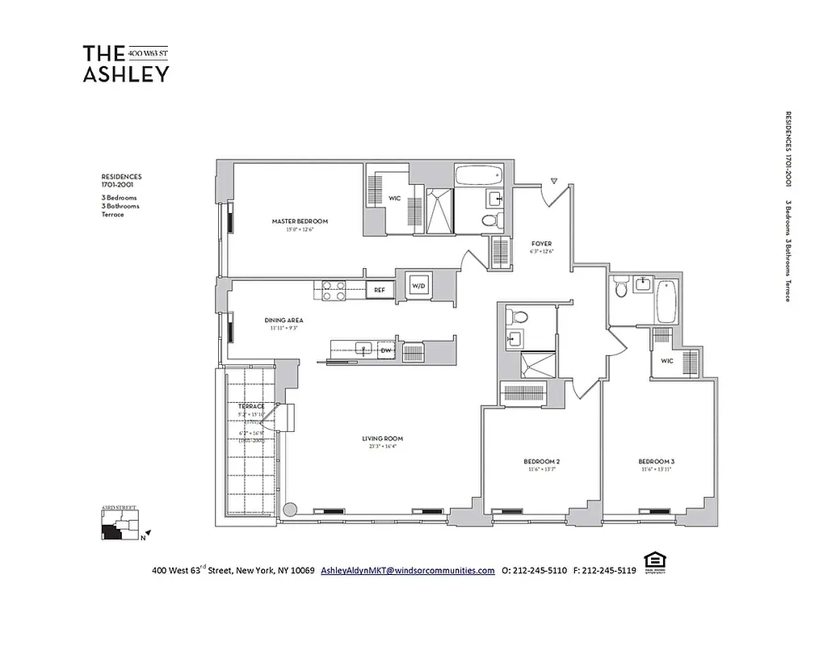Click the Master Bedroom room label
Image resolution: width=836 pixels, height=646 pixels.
click(296, 221)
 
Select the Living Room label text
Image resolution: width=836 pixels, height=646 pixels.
click(382, 439)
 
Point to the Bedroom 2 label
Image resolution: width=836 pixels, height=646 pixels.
click(541, 462)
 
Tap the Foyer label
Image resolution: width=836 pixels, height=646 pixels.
click(541, 243)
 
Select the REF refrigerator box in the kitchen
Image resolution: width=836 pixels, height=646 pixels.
click(379, 289)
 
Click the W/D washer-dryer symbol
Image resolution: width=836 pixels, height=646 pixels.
click(419, 286)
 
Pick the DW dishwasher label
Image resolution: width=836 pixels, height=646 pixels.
click(386, 350)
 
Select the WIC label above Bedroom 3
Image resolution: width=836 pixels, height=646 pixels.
click(667, 361)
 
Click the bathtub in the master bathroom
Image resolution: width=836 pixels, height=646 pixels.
click(479, 175)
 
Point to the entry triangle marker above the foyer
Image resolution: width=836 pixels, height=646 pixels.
click(554, 181)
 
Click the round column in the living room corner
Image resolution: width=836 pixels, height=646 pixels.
click(292, 510)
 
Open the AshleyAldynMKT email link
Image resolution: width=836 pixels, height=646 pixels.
click(407, 570)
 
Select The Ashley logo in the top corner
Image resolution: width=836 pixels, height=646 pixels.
click(126, 63)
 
